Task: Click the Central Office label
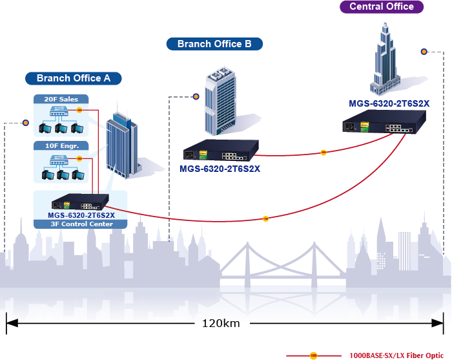point(381,7)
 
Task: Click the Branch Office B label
point(214,44)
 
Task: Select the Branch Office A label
point(74,78)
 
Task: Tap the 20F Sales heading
point(61,100)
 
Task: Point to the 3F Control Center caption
point(81,224)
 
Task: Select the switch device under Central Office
point(386,123)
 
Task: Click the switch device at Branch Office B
point(221,151)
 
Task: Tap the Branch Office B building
point(219,97)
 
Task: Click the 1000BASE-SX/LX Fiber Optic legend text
point(396,355)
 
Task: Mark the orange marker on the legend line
point(314,355)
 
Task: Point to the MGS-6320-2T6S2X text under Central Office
point(389,103)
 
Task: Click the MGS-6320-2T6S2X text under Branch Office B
point(220,169)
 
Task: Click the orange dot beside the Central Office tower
point(424,52)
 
